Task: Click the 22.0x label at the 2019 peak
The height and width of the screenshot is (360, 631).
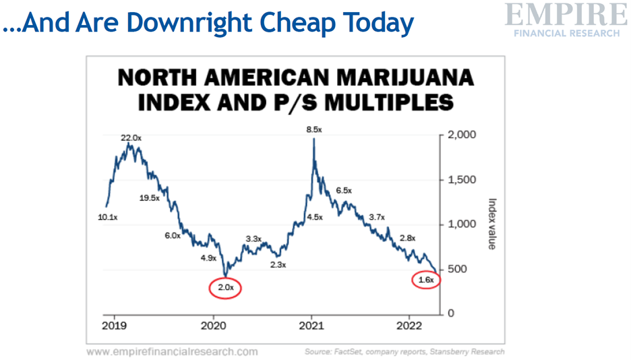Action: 131,138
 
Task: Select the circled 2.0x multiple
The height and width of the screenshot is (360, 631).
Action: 225,287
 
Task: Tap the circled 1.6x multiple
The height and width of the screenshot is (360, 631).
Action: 425,279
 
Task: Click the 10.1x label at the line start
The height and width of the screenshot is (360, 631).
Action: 107,218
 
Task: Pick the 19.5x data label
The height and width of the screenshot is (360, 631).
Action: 149,198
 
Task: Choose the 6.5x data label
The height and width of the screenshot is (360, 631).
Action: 344,191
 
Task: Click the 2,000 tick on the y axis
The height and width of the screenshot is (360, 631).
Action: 462,135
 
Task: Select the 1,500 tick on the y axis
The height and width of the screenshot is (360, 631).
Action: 462,180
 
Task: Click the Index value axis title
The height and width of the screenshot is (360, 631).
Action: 491,224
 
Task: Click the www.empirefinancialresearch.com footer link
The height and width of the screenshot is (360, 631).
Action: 172,351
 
